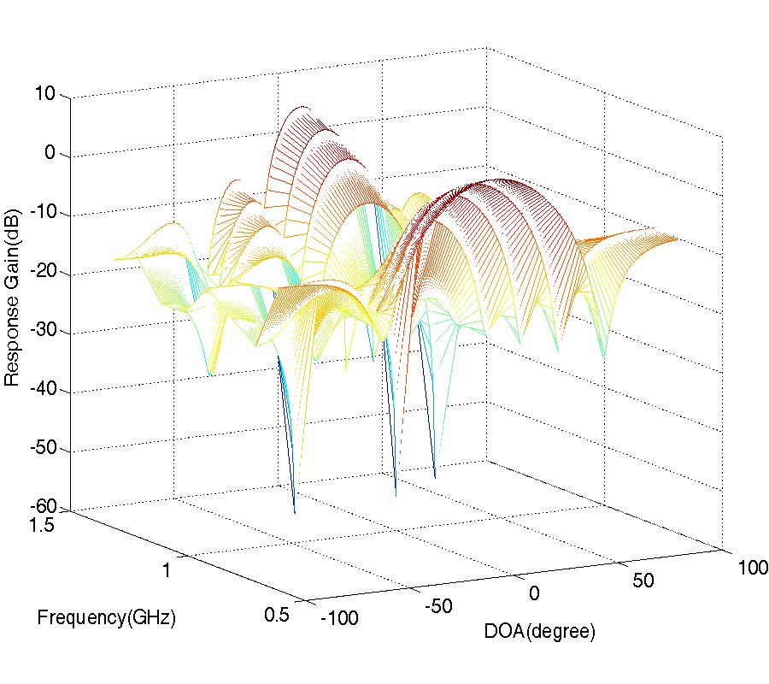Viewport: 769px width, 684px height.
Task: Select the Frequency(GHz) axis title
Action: (x=106, y=618)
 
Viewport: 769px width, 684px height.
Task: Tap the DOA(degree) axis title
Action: (x=539, y=633)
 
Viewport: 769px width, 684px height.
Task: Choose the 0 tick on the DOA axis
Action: (x=534, y=593)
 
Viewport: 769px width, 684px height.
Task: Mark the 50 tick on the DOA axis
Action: (x=643, y=581)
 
